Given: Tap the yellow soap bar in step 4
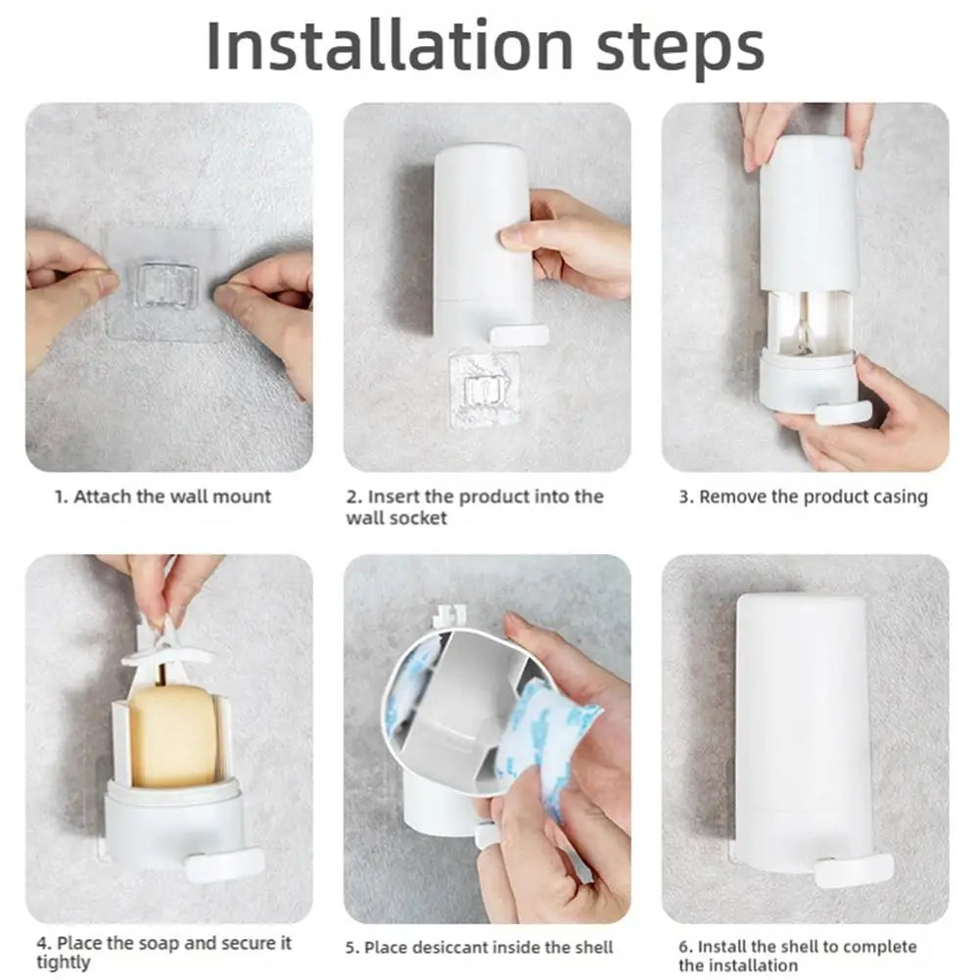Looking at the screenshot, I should [172, 735].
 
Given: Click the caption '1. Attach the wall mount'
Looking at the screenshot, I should [163, 496].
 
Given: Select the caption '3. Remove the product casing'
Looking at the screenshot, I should [803, 496].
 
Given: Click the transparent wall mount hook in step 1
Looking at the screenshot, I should [166, 284].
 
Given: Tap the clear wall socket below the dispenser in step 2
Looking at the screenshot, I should [484, 388].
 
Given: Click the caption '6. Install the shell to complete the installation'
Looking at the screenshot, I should [797, 956].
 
